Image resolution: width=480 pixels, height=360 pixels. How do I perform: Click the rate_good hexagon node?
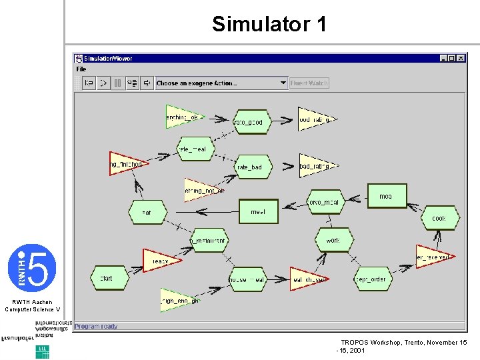coord(248,122)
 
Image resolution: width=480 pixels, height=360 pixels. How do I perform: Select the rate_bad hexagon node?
coord(249,167)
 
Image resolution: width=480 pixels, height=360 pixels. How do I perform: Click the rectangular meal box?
coord(258,212)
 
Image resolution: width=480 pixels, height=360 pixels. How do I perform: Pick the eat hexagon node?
coord(147,213)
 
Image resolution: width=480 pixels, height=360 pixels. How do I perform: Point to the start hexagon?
coord(107,278)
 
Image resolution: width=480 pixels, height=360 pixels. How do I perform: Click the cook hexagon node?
coord(439,218)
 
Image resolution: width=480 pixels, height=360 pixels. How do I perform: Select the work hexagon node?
coord(333,240)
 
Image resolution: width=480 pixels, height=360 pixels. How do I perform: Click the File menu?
coord(81,69)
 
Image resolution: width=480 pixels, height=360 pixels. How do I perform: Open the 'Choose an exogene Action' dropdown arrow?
coord(283,83)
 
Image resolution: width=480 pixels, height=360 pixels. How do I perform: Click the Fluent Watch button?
coord(309,83)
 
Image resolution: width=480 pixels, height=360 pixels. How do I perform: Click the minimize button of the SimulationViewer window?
coord(444,59)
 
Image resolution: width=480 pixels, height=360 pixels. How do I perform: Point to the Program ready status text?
coord(96,326)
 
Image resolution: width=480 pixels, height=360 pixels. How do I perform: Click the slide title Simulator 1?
coord(269,25)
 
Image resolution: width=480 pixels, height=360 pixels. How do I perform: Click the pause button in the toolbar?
coord(117,83)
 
